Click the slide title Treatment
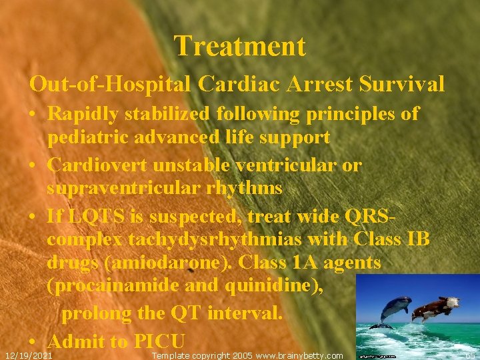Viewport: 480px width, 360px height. click(240, 47)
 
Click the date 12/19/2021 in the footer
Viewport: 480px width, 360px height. click(29, 355)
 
